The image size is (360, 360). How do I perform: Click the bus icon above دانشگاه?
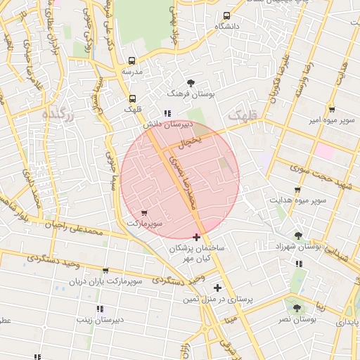pyautogui.click(x=226, y=15)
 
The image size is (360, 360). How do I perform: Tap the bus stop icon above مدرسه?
pyautogui.click(x=132, y=61)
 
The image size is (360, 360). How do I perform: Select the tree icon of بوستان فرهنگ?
pyautogui.click(x=191, y=82)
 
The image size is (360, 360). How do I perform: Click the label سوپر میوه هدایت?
pyautogui.click(x=296, y=200)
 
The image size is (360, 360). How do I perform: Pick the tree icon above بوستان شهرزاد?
pyautogui.click(x=299, y=236)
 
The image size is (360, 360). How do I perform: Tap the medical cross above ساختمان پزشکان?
pyautogui.click(x=196, y=237)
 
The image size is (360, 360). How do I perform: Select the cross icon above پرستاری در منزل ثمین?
pyautogui.click(x=217, y=287)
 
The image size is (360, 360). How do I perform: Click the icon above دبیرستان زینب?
pyautogui.click(x=99, y=309)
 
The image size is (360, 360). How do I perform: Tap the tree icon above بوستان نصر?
pyautogui.click(x=295, y=307)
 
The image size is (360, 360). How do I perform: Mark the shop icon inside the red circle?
pyautogui.click(x=144, y=212)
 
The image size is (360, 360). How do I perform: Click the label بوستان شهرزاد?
pyautogui.click(x=300, y=247)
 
